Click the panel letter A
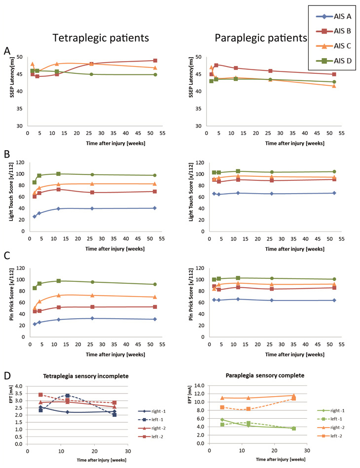(6, 51)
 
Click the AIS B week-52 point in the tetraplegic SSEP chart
(155, 61)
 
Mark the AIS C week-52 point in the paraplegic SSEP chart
(334, 86)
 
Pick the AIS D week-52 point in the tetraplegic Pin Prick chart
(155, 284)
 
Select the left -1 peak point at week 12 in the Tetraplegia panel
(67, 395)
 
